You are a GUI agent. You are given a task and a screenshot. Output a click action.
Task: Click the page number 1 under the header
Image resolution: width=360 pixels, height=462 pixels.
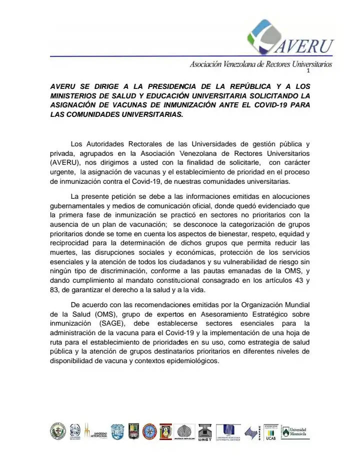322,71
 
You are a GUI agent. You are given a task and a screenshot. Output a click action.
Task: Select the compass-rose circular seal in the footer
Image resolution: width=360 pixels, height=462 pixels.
149,431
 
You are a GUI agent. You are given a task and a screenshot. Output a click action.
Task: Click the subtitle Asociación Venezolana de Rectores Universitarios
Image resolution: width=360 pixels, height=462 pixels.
260,64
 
